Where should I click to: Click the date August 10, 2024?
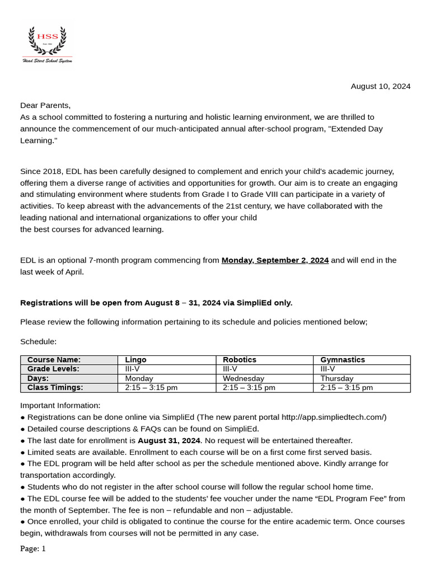point(380,86)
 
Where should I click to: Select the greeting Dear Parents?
point(45,105)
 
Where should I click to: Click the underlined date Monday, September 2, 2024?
point(275,260)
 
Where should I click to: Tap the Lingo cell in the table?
point(136,360)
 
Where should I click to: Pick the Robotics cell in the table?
point(240,360)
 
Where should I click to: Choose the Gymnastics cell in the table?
point(342,360)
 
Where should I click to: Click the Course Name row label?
point(54,360)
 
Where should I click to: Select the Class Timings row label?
point(55,387)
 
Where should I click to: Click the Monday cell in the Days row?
point(139,378)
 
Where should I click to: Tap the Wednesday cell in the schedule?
point(244,378)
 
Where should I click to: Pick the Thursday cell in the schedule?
point(337,378)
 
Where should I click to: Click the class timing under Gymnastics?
point(347,387)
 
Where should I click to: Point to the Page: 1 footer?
point(33,549)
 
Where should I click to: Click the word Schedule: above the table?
point(39,341)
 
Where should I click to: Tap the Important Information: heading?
point(60,405)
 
